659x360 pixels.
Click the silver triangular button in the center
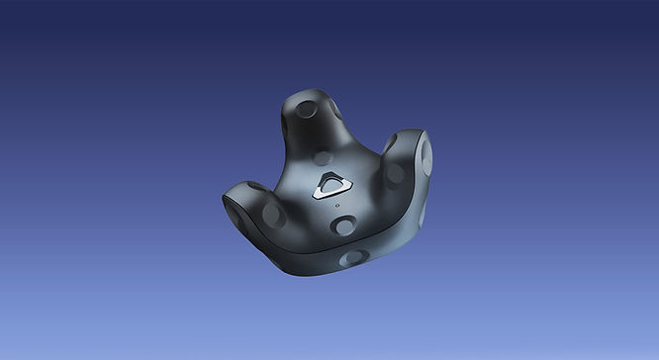[331, 187]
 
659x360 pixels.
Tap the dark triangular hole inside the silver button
[331, 185]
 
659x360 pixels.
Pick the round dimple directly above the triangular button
[323, 156]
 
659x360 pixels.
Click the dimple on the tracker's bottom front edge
[352, 257]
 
